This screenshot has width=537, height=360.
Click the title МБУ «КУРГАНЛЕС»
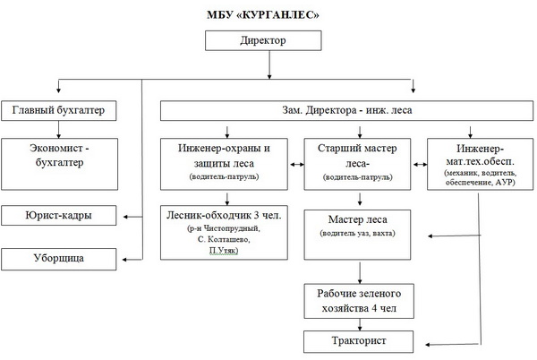point(268,17)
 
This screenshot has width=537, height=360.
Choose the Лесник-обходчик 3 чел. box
point(224,231)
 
